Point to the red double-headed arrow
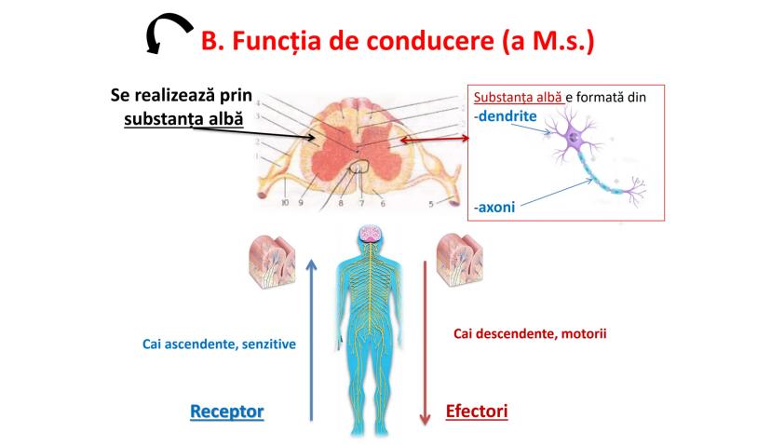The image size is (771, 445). (x=433, y=140)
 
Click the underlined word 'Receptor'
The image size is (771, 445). (x=226, y=411)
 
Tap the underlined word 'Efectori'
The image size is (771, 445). (x=478, y=411)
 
